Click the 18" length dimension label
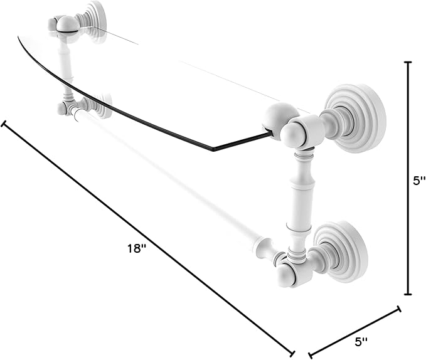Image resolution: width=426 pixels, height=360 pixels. pos(137,248)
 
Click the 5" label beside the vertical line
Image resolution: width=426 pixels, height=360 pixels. pos(419,181)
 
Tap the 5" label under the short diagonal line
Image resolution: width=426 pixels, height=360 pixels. pos(361,342)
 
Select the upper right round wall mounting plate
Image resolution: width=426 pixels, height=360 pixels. pos(356,119)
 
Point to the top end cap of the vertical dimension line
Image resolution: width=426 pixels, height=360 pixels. pos(408,63)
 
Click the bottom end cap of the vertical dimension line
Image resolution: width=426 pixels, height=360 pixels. pos(408,294)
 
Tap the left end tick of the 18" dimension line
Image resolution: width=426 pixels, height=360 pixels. pos(3,124)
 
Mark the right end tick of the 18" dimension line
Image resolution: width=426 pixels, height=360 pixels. pos(292,354)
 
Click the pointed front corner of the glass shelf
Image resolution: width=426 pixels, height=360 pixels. pos(213,149)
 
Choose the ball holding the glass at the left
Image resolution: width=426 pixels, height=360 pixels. pos(68,24)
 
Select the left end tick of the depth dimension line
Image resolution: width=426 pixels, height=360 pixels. pos(310,355)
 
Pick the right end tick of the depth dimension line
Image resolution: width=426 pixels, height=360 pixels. pos(399,309)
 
